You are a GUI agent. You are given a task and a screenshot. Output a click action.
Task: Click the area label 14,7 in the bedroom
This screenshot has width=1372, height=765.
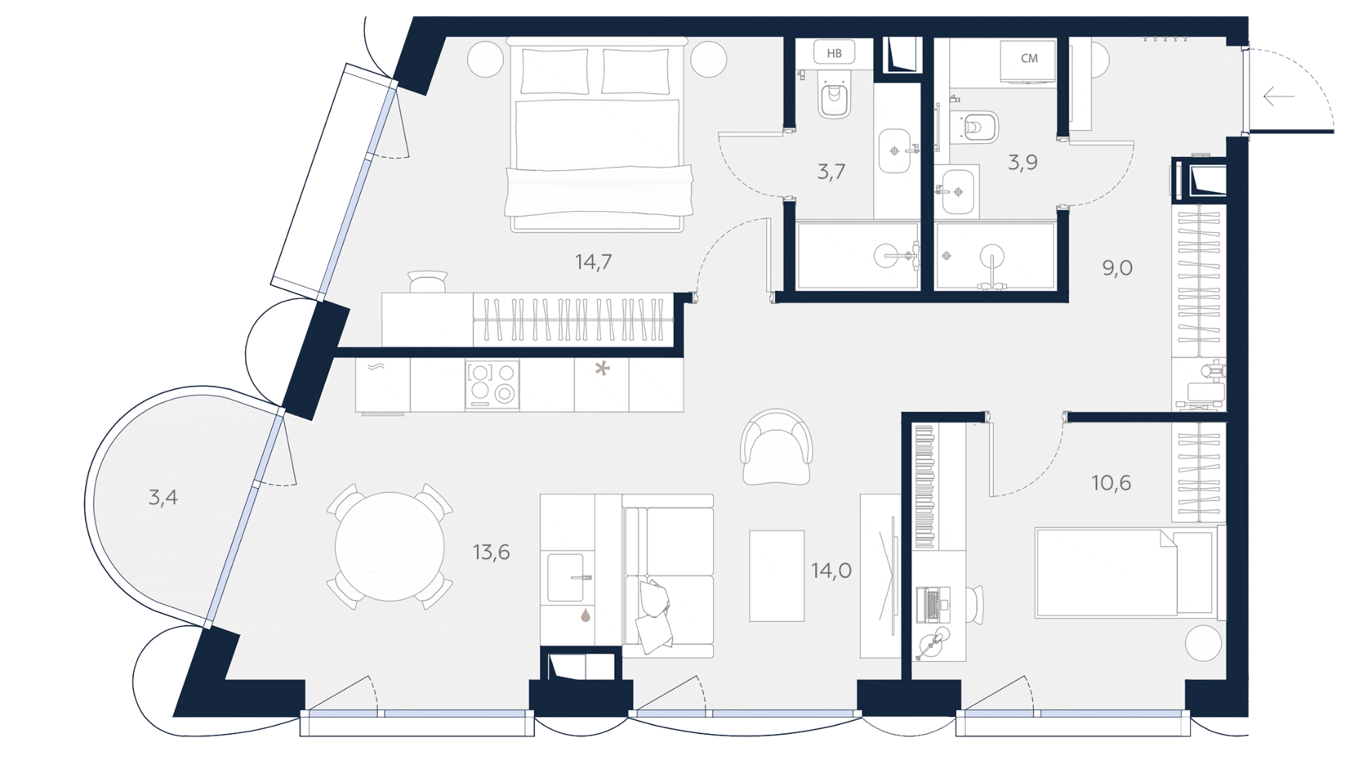point(593,262)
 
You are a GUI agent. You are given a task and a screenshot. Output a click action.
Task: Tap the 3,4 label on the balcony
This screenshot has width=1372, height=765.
point(163,497)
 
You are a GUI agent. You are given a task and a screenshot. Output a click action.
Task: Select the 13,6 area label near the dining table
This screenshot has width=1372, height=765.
point(492,552)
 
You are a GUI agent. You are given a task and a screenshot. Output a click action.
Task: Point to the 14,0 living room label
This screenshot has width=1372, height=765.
point(831,570)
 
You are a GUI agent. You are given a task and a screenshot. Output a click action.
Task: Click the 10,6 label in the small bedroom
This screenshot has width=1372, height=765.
point(1111,483)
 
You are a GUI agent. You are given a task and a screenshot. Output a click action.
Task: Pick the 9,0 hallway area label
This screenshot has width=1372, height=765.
point(1117,268)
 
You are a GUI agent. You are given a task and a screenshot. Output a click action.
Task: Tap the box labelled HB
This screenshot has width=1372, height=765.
point(835,53)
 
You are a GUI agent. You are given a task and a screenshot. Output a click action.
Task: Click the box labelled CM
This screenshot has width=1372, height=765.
point(1028,59)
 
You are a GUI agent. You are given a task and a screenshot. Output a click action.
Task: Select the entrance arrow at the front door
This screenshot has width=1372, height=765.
point(1278,96)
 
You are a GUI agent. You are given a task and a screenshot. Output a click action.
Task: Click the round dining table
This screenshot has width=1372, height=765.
point(390,547)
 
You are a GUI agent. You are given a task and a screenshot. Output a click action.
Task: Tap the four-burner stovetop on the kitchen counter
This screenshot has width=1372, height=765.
point(492,384)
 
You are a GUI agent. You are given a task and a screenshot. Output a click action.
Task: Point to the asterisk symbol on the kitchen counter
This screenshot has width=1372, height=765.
point(603,369)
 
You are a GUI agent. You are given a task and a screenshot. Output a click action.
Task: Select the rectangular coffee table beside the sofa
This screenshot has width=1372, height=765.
point(777,575)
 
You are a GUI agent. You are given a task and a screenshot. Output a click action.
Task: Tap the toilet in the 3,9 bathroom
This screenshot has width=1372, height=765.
point(978,127)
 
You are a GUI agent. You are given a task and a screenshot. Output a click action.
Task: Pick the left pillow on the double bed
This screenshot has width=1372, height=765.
point(555,71)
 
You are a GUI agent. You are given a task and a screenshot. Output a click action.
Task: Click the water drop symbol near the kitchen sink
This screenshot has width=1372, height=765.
point(586,615)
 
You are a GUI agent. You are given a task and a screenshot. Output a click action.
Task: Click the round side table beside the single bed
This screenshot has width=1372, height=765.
point(1203,644)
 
